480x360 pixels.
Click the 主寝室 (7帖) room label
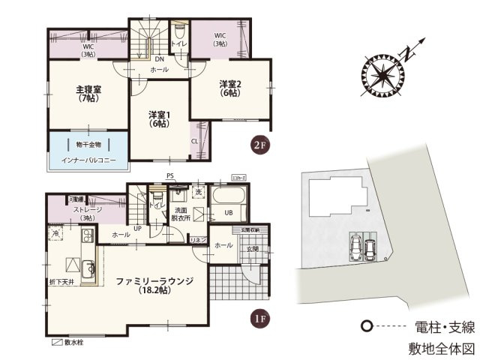click(88, 94)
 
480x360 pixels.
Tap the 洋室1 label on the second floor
click(159, 118)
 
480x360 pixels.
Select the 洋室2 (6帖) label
click(230, 87)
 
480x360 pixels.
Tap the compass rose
click(384, 75)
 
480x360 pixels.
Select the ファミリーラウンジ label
click(154, 285)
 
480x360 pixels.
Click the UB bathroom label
click(227, 212)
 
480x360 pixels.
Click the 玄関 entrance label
click(250, 247)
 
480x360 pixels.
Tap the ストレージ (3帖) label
click(87, 214)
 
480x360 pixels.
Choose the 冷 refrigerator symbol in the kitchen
click(55, 235)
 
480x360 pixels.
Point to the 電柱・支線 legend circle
click(366, 327)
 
